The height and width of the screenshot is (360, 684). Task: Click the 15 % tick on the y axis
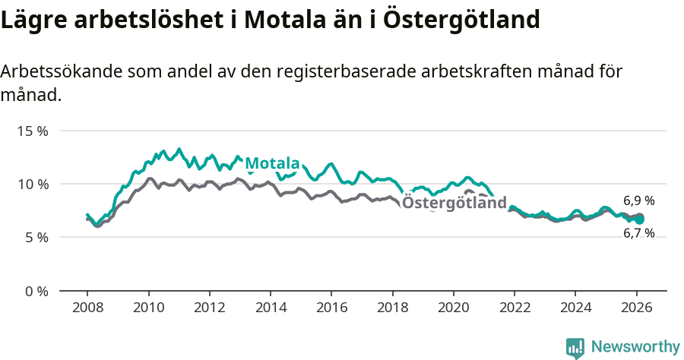[x=32, y=131]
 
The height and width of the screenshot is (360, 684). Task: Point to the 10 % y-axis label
[x=32, y=184]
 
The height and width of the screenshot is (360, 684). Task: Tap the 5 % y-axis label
[x=36, y=238]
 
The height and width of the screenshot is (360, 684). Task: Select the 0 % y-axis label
[x=36, y=291]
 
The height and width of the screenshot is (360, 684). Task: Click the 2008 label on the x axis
[x=87, y=308]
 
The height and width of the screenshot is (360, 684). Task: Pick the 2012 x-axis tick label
[x=209, y=308]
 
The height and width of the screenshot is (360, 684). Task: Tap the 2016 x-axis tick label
[x=331, y=308]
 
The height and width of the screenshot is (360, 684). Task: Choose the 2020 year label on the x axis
[x=454, y=308]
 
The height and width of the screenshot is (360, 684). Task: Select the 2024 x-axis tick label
[x=575, y=308]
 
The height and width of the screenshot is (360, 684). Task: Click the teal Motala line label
[x=272, y=163]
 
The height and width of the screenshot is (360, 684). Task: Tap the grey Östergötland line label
[x=454, y=203]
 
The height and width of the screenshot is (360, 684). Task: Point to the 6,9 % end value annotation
[x=638, y=201]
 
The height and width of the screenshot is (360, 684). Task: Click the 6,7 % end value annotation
[x=638, y=233]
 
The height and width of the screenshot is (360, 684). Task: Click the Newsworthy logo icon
[x=575, y=347]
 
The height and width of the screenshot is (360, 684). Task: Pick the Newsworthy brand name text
[x=635, y=347]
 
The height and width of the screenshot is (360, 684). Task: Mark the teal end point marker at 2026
[x=640, y=219]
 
